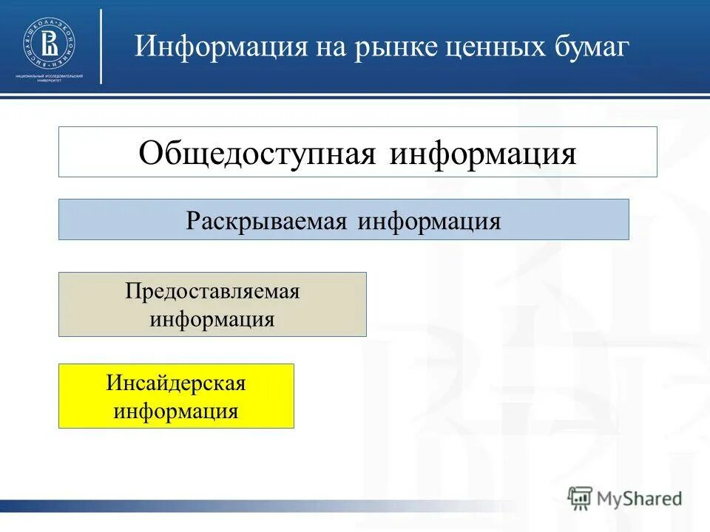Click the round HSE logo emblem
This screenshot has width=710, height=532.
click(x=49, y=42)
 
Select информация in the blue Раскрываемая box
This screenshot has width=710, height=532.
click(x=429, y=221)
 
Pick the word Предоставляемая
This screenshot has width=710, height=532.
click(x=212, y=291)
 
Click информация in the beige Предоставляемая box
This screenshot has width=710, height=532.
click(x=212, y=319)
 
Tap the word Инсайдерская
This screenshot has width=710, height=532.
click(x=176, y=383)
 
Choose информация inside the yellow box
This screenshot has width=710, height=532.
click(x=176, y=411)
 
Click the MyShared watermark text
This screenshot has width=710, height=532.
click(x=640, y=498)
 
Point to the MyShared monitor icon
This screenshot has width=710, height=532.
click(x=581, y=497)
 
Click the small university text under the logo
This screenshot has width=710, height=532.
click(x=49, y=78)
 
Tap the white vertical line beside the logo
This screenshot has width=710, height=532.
click(x=101, y=46)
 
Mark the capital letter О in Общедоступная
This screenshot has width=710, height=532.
click(x=150, y=153)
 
